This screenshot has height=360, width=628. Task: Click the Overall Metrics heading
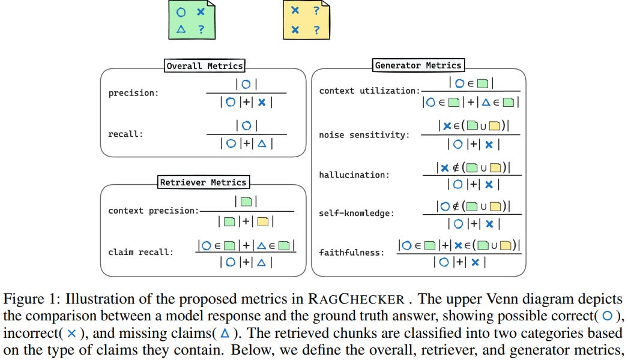[x=205, y=66]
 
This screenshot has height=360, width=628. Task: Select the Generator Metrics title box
[x=418, y=65]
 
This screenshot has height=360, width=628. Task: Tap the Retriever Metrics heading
[x=203, y=182]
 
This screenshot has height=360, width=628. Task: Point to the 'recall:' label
[x=126, y=134]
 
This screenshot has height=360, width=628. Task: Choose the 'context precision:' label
[x=152, y=211]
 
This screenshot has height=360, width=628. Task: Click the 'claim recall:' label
[x=140, y=252]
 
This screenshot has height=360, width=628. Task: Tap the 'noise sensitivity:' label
[x=364, y=135]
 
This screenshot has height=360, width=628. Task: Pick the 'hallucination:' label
[x=354, y=175]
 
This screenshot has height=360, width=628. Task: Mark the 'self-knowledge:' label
[x=357, y=213]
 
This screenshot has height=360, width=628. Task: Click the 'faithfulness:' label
[x=351, y=253]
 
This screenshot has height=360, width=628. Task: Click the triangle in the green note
[x=181, y=29]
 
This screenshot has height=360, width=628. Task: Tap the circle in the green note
[x=181, y=12]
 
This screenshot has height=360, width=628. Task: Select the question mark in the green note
[x=201, y=29]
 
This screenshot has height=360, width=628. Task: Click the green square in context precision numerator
[x=246, y=202]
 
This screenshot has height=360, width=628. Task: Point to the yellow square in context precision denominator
[x=263, y=221]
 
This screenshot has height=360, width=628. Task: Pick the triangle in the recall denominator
[x=262, y=143]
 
